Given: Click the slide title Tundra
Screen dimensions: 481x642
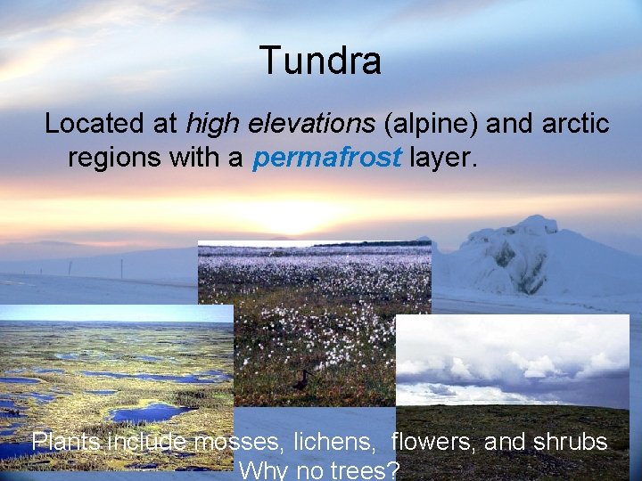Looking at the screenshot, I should [320, 61].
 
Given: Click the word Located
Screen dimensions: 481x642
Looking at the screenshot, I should [98, 124].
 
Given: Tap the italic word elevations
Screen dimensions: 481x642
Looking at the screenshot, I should [299, 124].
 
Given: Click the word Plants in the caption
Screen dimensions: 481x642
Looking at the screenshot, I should [67, 442].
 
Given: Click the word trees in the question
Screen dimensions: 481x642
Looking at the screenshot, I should [358, 469].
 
